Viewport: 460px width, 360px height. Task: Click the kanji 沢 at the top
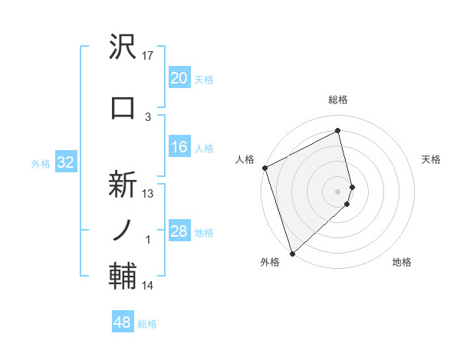(123, 48)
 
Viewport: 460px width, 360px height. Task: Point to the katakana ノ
(123, 229)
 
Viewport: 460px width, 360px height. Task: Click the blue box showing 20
(179, 78)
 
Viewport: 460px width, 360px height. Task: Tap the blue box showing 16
(179, 148)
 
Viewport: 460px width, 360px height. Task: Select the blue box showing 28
(179, 231)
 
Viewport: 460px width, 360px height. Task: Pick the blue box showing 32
(65, 162)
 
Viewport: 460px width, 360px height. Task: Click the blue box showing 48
(123, 322)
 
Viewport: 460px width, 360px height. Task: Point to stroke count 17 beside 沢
(149, 56)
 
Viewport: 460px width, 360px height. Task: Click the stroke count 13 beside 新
(149, 194)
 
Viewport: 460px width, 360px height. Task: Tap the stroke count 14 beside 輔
(149, 286)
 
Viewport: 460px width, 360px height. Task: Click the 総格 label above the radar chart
(338, 100)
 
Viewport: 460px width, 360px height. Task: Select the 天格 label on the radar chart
(431, 159)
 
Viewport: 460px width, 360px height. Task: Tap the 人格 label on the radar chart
(245, 159)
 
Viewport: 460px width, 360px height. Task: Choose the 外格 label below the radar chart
(270, 263)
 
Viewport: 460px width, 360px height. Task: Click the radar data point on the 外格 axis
(291, 253)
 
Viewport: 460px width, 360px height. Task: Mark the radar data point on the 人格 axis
(264, 168)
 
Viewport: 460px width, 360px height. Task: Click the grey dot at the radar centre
(338, 191)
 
